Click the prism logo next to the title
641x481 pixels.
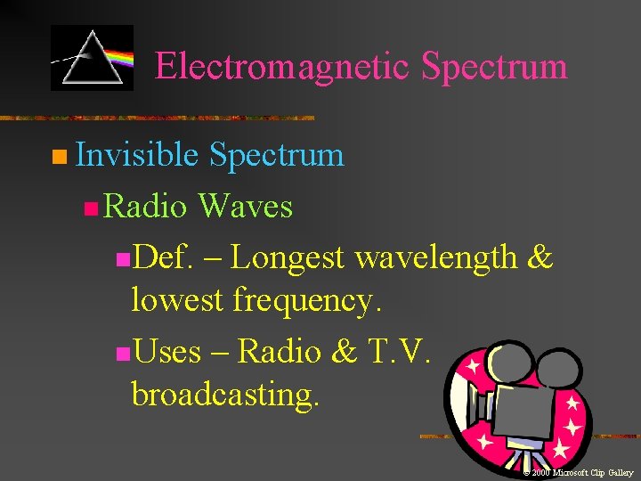pos(92,58)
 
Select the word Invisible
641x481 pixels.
pos(136,155)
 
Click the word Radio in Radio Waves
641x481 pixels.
pos(145,207)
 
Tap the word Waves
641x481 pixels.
pos(245,207)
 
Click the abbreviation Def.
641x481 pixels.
pos(164,257)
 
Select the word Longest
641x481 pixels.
pos(288,257)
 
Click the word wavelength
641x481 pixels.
pos(435,257)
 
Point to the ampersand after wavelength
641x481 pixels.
pos(540,257)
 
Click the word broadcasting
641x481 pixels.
pos(224,394)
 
